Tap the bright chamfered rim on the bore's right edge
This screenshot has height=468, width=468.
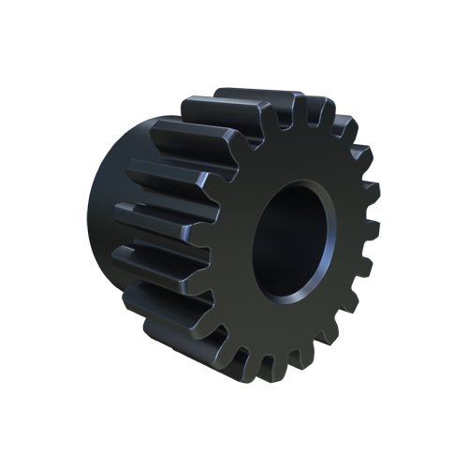click(333, 245)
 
